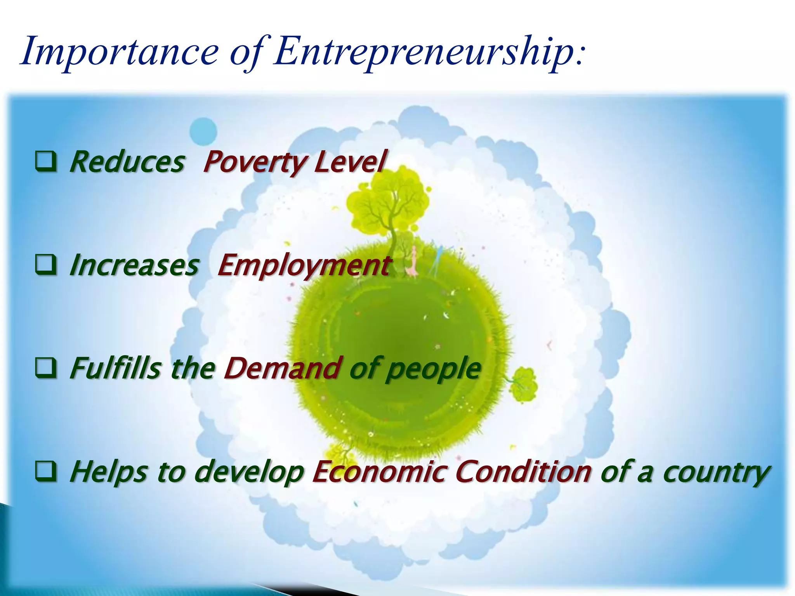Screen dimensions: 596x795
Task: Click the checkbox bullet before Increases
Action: coord(46,265)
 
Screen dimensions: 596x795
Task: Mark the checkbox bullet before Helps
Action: coord(46,471)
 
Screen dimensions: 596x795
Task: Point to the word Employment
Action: coord(304,266)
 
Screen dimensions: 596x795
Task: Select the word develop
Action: coord(248,472)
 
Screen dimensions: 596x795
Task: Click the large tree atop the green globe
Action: coord(388,206)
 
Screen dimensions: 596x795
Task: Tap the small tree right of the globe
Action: coord(523,384)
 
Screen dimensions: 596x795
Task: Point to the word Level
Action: coord(351,162)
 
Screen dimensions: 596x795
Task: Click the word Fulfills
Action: coord(115,368)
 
